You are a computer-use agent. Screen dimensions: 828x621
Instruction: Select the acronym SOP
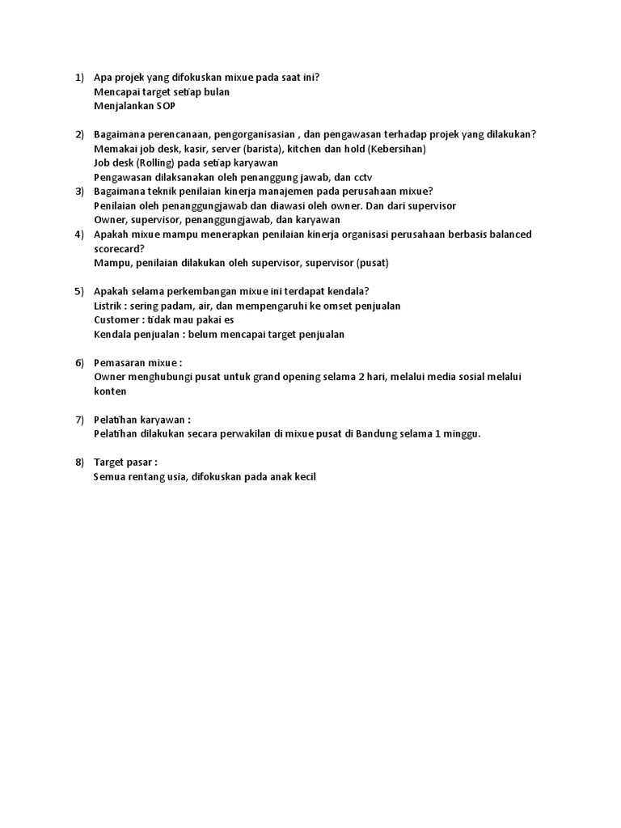(x=165, y=106)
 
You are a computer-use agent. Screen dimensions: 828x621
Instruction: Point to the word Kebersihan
(x=395, y=149)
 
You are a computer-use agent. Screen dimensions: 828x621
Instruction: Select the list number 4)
(x=79, y=234)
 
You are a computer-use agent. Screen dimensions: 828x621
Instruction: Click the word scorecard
(x=118, y=248)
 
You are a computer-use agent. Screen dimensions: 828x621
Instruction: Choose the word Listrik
(x=110, y=306)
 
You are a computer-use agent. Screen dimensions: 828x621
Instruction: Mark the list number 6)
(x=79, y=363)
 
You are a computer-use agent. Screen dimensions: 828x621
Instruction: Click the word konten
(x=110, y=391)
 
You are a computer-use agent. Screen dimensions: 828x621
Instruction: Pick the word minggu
(x=462, y=433)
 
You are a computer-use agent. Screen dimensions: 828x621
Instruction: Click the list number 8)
(x=79, y=463)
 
